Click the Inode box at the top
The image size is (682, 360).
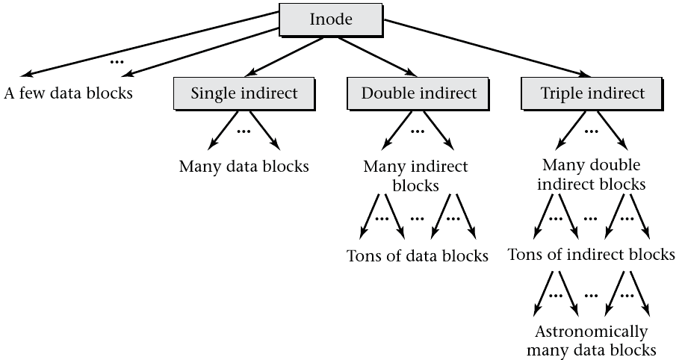(331, 19)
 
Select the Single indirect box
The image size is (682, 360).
(244, 93)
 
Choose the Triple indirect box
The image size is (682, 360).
(592, 93)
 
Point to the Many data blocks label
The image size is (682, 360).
(244, 166)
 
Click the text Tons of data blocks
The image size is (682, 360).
(418, 256)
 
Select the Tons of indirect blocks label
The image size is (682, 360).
(591, 255)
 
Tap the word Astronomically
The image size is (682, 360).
(591, 332)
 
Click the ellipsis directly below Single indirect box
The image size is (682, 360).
(244, 131)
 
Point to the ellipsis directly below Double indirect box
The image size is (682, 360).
(418, 131)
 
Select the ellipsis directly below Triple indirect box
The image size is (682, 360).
(592, 131)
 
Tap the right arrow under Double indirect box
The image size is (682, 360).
(440, 130)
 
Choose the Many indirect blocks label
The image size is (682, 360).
(415, 175)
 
